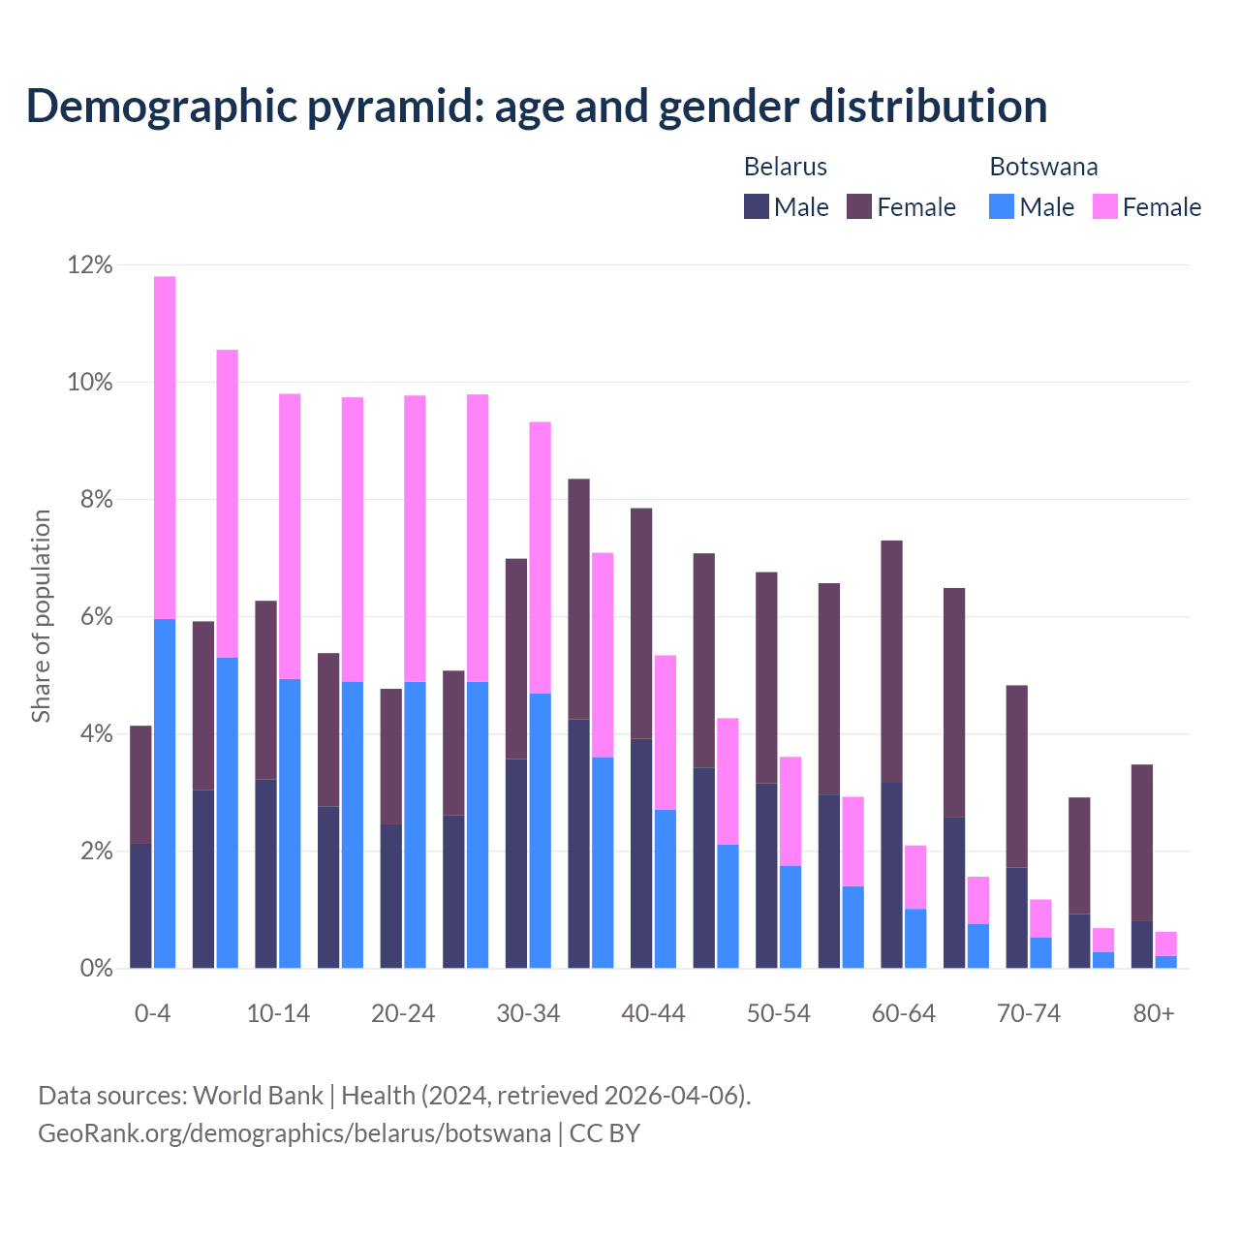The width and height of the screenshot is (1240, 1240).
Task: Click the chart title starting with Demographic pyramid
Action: pos(537,107)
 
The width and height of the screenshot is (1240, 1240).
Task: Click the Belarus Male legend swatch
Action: pos(756,206)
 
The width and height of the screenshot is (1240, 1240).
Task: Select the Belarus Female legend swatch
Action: pos(859,206)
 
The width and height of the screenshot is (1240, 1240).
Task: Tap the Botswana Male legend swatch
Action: pos(1002,206)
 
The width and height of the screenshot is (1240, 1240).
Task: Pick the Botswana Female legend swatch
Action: pos(1104,206)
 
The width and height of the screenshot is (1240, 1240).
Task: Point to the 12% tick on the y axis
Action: pos(90,264)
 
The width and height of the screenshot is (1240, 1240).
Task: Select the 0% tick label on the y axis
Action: pos(96,969)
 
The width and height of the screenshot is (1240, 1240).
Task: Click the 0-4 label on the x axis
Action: pos(152,1013)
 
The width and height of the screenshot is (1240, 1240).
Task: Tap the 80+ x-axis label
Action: pos(1153,1013)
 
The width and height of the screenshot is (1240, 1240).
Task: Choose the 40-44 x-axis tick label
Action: pos(653,1013)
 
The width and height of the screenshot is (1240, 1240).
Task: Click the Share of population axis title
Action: pos(41,616)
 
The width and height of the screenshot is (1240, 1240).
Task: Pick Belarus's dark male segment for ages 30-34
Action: pos(516,862)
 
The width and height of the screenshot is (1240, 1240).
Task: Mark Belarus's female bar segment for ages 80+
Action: pos(1142,843)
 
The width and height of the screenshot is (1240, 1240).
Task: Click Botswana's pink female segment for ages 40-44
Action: pos(666,732)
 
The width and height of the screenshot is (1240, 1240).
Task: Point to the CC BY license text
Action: pos(604,1133)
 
